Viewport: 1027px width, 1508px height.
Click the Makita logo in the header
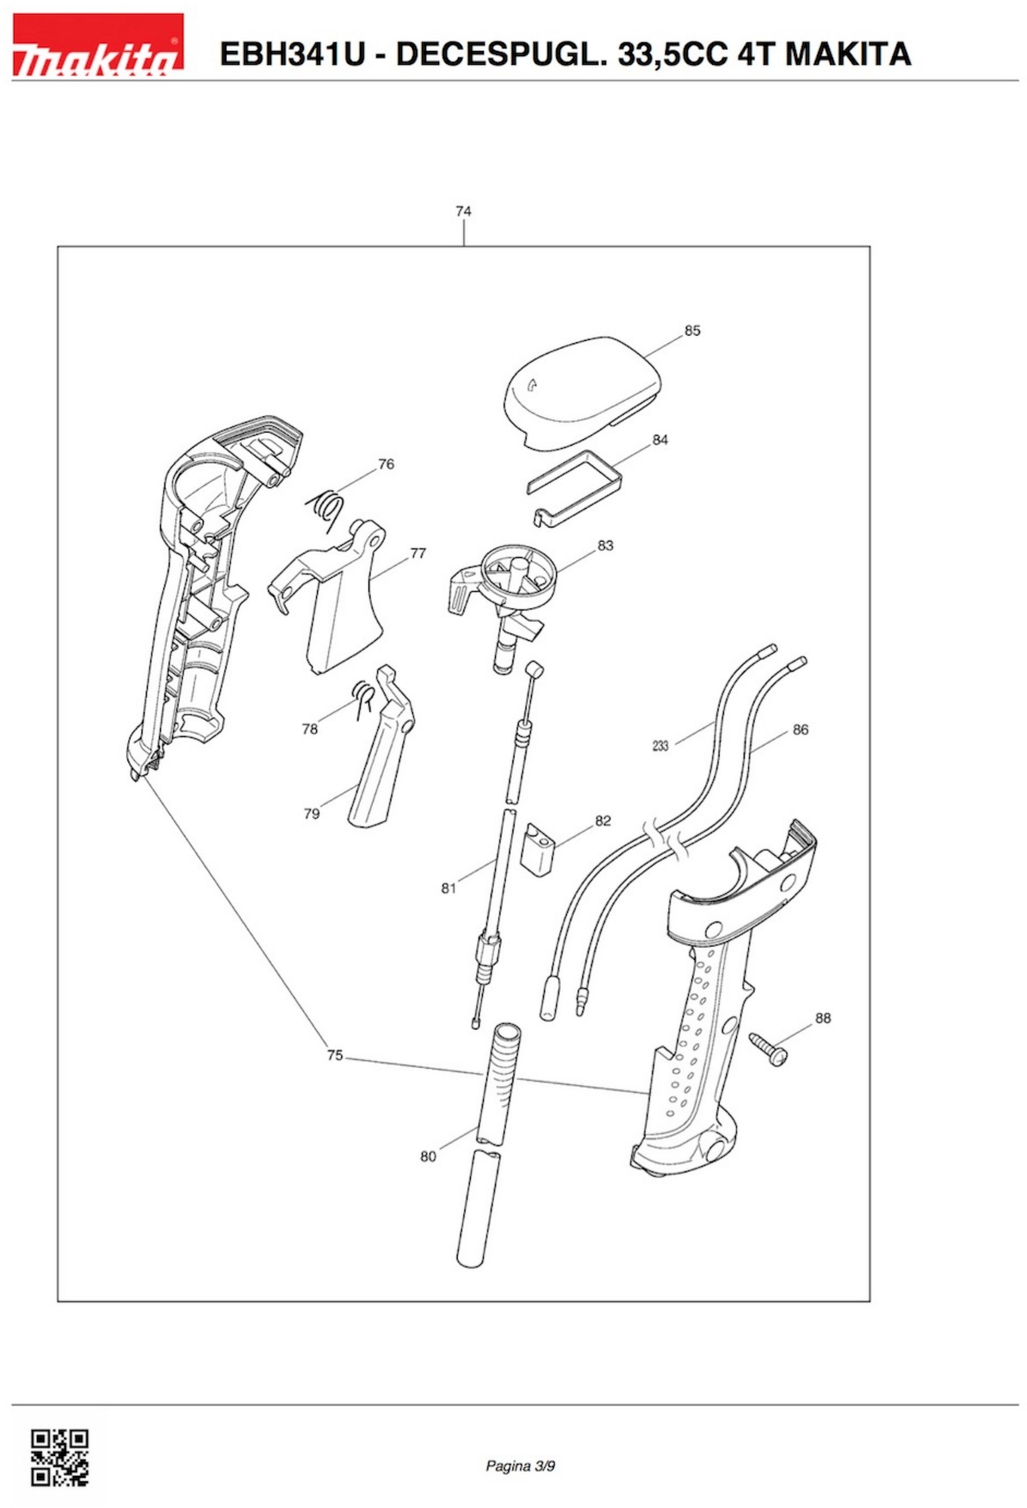tap(97, 44)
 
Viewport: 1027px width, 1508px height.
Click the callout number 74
tap(463, 211)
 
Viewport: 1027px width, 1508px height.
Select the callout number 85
tap(692, 331)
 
